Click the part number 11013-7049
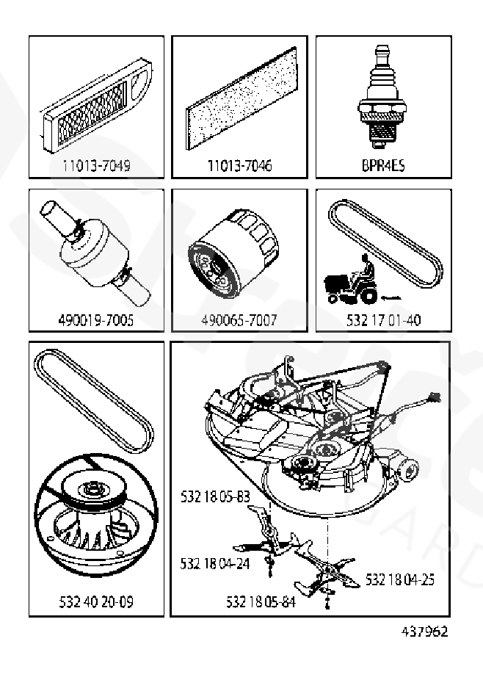point(96,166)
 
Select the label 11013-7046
point(239,166)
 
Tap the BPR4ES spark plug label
point(383,166)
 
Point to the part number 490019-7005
point(96,321)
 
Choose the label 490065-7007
point(239,321)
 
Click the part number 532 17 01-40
point(383,321)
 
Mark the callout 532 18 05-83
point(215,497)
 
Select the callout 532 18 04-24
point(214,563)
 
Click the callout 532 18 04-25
point(400,579)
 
